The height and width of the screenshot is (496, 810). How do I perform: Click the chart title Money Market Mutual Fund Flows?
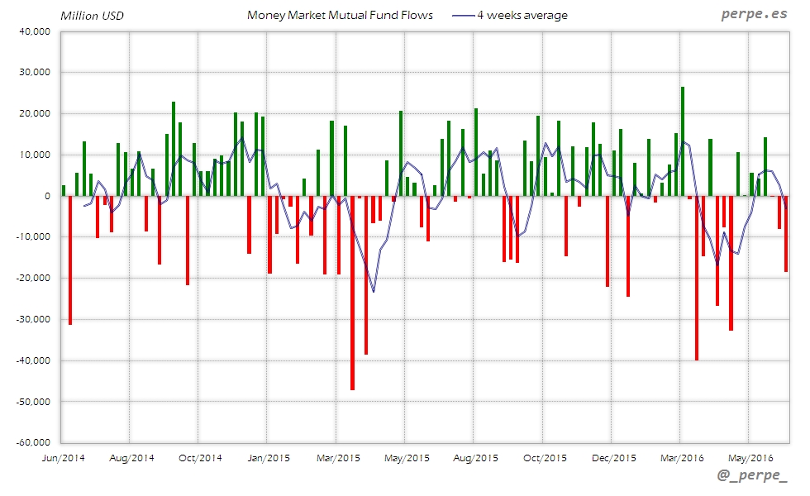click(340, 15)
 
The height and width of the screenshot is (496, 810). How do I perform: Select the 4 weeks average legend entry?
click(522, 15)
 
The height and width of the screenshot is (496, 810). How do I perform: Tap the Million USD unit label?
click(93, 16)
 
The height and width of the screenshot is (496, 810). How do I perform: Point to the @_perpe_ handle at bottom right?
click(752, 477)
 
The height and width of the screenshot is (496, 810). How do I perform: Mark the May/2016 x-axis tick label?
click(750, 457)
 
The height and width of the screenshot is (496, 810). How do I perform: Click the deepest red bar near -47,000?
click(352, 293)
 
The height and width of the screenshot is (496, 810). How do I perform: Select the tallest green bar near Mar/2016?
click(683, 141)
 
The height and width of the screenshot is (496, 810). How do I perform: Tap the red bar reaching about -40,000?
click(697, 278)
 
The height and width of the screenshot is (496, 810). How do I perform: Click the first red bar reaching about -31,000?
click(70, 260)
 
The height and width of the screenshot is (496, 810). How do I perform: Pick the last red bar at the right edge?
click(786, 234)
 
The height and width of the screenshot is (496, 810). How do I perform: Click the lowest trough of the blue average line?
click(374, 291)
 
